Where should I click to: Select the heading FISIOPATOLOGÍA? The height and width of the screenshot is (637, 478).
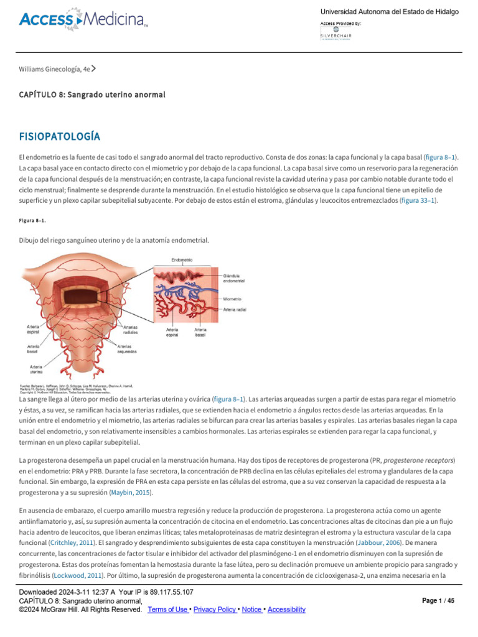(60, 136)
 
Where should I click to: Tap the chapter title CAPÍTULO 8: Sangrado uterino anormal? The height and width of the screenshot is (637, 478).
(93, 95)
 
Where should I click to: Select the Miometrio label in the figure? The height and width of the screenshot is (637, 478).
(233, 299)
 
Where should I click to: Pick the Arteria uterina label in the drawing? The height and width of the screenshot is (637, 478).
(37, 370)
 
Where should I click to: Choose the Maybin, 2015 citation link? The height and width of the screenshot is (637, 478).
(130, 493)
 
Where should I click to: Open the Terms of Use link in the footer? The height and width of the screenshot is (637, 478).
(168, 610)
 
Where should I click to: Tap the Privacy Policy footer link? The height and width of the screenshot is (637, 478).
(215, 610)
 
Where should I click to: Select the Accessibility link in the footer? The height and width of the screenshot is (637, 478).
(286, 610)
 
